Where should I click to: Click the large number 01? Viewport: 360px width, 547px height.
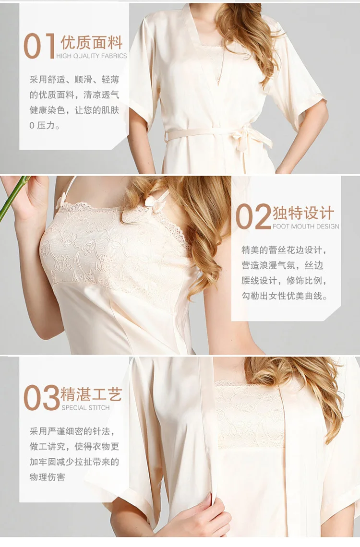coord(39,46)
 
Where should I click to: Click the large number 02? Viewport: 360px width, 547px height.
coord(253,216)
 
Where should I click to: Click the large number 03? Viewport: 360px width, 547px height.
coord(41,398)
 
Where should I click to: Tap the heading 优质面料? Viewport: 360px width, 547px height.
coord(91,43)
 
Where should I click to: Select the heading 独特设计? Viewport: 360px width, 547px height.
coord(303,213)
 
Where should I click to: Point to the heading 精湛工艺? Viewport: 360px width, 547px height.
coord(91,394)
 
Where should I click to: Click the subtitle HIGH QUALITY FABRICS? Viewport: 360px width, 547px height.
coord(91,56)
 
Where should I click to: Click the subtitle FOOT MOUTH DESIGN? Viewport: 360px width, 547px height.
coord(306,226)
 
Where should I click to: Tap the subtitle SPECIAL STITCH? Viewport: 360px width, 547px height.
coord(85,407)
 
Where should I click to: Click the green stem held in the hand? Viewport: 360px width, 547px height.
coord(13,198)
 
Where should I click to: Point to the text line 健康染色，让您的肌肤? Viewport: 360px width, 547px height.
coord(74,110)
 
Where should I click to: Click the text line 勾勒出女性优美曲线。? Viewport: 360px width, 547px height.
coord(285,296)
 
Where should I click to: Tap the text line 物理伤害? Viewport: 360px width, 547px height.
coord(47,477)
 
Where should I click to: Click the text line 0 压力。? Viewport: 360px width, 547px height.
coord(44,126)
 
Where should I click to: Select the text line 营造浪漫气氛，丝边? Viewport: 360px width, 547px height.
coord(283,265)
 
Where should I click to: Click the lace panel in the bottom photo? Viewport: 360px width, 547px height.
coord(250,415)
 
